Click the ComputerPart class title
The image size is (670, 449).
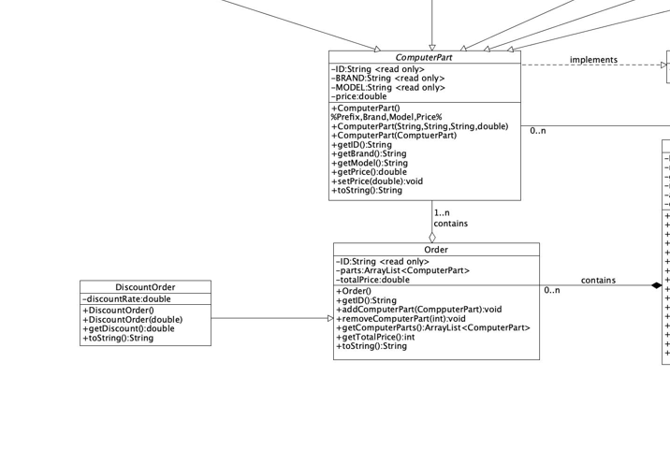[x=424, y=58]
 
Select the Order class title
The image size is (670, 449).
[x=436, y=250]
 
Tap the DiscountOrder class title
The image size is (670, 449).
[x=145, y=287]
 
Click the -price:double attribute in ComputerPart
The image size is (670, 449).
[x=358, y=96]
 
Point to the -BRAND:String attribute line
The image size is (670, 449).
[x=387, y=79]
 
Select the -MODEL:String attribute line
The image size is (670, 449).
[x=387, y=88]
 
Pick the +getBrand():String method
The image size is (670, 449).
[x=369, y=154]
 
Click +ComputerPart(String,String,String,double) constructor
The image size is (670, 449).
[x=419, y=126]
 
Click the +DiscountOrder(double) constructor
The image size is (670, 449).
[x=132, y=319]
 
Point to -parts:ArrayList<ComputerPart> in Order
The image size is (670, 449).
[x=402, y=270]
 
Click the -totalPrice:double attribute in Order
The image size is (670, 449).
[x=372, y=280]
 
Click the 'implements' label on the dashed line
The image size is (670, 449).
[x=593, y=60]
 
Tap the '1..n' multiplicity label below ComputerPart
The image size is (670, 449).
[x=442, y=213]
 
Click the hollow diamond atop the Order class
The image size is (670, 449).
[x=432, y=237]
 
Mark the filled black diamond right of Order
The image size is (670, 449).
[x=656, y=285]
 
